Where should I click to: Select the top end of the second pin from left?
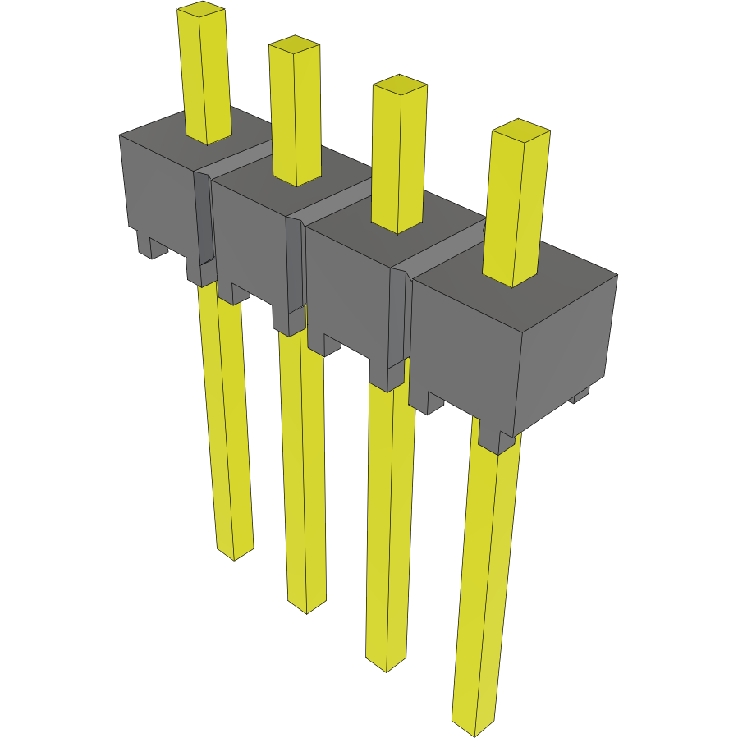click(294, 44)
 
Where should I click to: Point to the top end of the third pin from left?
click(400, 85)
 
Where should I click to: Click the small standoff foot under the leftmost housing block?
click(152, 245)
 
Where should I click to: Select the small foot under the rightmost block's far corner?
click(581, 397)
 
